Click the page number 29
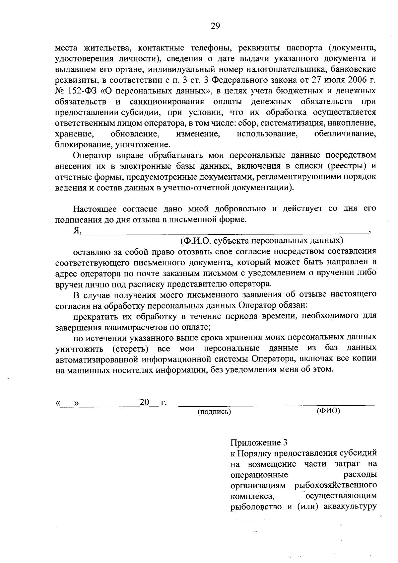215,26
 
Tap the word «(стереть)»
130,349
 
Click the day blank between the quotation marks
68,404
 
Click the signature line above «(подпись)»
218,404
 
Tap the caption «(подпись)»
214,412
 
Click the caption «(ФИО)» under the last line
328,411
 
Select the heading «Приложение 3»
258,442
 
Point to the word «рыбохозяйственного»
335,485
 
